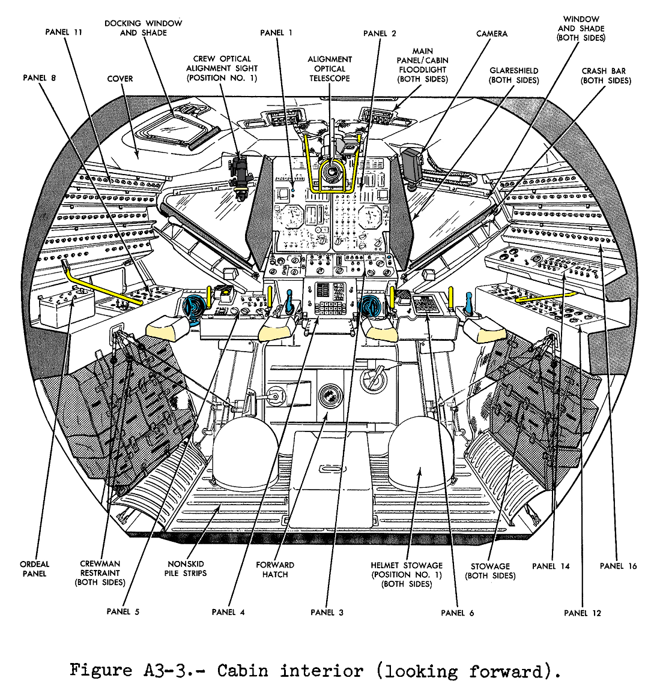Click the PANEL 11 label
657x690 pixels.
click(x=64, y=32)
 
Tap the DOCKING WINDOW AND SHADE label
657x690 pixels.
click(x=143, y=28)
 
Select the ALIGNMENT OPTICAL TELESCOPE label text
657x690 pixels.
click(x=330, y=68)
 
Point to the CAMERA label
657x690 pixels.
click(x=492, y=34)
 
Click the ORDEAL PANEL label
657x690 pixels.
click(x=35, y=569)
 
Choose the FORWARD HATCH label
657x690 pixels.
click(x=275, y=569)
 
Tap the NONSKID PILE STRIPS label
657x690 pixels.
click(x=186, y=569)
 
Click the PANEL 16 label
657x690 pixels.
click(x=618, y=566)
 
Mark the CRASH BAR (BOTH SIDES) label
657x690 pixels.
click(x=606, y=76)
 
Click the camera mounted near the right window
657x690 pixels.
click(x=413, y=163)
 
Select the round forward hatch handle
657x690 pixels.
click(x=328, y=397)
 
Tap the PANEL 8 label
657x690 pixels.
click(x=40, y=78)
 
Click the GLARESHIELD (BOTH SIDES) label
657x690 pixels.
click(x=513, y=76)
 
